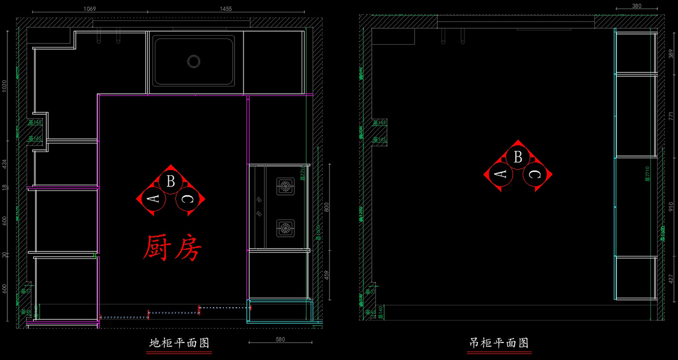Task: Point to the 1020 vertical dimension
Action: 5,86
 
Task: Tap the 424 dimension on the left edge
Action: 5,164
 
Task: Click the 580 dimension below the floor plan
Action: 280,340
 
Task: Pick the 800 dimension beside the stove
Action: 327,207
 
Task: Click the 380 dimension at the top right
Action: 636,6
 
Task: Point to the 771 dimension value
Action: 672,115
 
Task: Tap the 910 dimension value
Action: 672,207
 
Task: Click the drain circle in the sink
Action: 194,61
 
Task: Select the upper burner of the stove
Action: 285,185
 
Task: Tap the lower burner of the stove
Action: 285,229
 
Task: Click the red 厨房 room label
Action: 172,248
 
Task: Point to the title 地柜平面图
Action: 179,343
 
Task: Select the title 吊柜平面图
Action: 499,343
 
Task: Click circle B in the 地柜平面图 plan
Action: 169,181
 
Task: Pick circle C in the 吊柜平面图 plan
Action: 533,175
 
